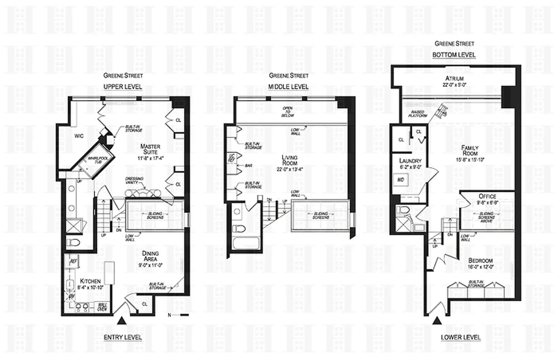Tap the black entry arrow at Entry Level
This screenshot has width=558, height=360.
122,321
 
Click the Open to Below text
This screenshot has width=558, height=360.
287,112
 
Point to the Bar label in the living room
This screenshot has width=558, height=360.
248,166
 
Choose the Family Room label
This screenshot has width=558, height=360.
470,151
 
